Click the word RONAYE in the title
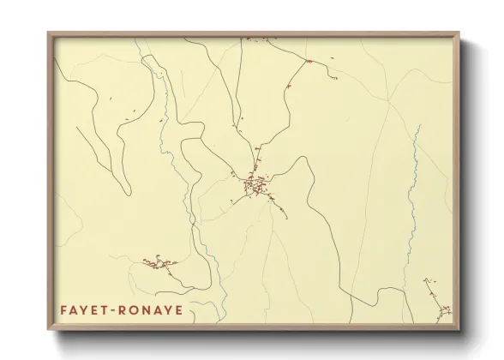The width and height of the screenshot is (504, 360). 152,309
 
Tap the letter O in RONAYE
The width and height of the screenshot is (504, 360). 136,309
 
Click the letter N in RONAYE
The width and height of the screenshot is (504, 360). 147,309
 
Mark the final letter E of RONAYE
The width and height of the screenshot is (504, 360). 178,309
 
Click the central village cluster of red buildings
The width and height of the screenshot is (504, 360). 255,183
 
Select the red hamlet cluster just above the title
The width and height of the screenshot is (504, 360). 159,262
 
